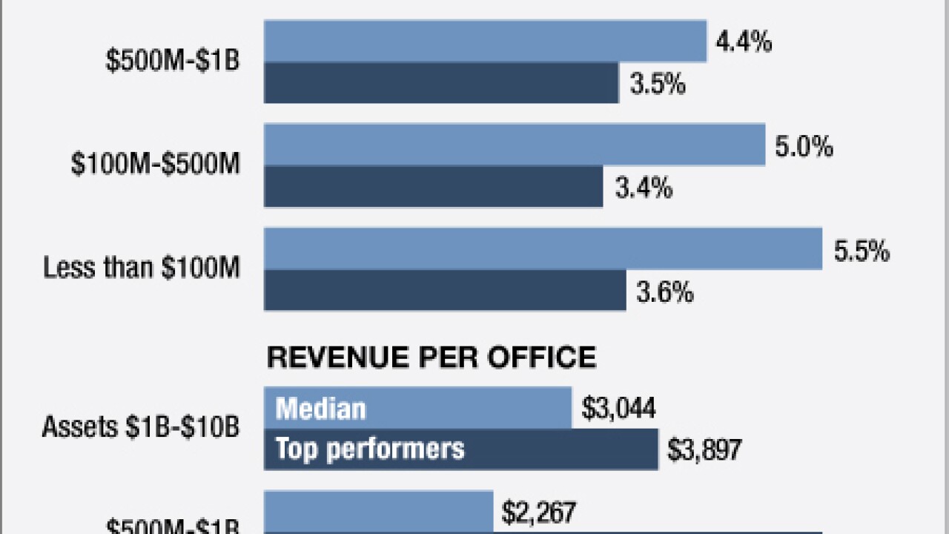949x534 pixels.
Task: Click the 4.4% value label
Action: pos(744,42)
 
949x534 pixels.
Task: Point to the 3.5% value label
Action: pos(658,84)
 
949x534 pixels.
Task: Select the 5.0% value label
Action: pos(804,146)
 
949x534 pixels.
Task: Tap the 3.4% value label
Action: pos(644,188)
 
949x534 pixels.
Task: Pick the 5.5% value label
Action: pos(862,251)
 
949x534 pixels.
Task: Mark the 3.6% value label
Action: pos(665,292)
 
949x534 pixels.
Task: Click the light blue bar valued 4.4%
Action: pos(486,42)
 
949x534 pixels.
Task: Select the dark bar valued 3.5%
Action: pos(441,83)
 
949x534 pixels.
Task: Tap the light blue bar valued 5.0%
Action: pos(515,145)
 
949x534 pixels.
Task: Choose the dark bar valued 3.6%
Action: pos(445,291)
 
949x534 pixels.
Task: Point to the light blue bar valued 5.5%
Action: pos(543,248)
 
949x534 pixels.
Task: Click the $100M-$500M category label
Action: pos(156,165)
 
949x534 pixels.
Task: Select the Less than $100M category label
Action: pos(142,268)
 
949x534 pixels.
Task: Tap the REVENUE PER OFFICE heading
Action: pos(431,358)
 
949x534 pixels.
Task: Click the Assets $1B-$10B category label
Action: pos(141,427)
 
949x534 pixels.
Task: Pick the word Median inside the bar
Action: pos(321,409)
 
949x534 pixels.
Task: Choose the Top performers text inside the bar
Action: pos(370,449)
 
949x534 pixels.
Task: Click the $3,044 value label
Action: pos(618,408)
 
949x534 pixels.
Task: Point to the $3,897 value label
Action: pos(704,449)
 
